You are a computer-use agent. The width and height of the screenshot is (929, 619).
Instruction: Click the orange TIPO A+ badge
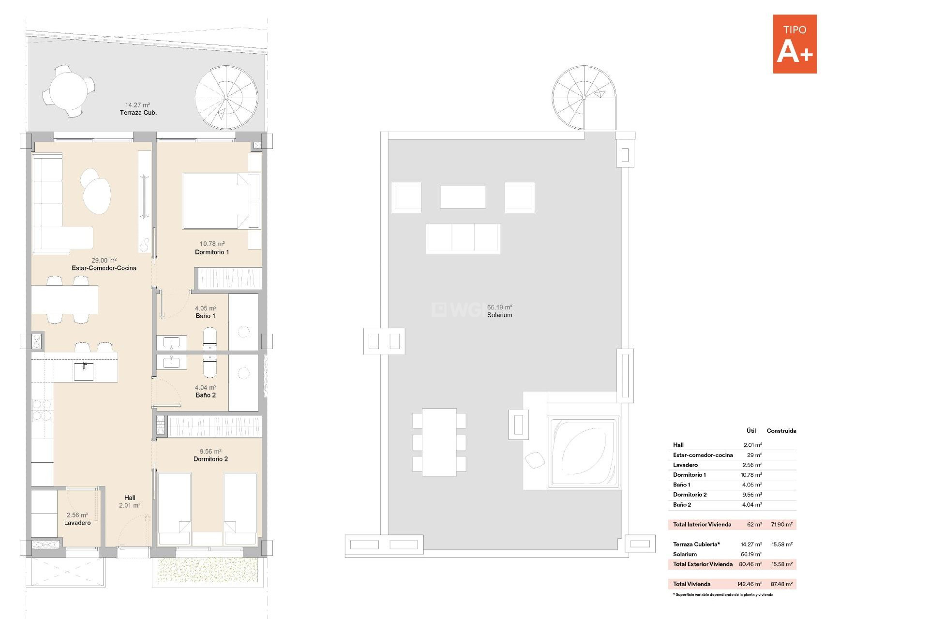click(794, 44)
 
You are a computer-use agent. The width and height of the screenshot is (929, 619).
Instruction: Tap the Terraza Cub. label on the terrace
click(138, 113)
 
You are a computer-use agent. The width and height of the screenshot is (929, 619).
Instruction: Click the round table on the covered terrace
click(68, 91)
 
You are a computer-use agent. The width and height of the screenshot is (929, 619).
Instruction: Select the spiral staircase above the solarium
click(584, 98)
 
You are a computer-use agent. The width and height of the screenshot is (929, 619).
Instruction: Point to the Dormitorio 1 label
click(212, 252)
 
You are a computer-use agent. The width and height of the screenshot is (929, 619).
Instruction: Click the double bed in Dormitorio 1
click(215, 201)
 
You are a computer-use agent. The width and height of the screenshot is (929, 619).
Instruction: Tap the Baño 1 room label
click(205, 316)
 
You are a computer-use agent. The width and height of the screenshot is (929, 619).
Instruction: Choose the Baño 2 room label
click(206, 395)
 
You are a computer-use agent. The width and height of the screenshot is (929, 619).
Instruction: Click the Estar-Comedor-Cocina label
click(104, 268)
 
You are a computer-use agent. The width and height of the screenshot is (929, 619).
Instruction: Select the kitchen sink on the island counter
click(84, 371)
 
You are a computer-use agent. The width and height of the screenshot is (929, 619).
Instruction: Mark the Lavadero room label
click(77, 523)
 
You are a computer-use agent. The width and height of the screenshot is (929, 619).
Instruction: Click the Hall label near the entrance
click(130, 498)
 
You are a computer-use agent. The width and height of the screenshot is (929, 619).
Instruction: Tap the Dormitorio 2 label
click(210, 459)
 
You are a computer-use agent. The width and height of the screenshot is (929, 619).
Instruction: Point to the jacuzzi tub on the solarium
click(584, 452)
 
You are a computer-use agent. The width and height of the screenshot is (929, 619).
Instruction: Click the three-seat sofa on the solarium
click(463, 238)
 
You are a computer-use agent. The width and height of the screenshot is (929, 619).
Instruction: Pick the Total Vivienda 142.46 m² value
click(749, 584)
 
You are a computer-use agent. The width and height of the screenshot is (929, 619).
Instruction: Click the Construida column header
click(781, 431)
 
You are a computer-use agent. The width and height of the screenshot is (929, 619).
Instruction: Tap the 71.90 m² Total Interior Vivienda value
click(781, 525)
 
